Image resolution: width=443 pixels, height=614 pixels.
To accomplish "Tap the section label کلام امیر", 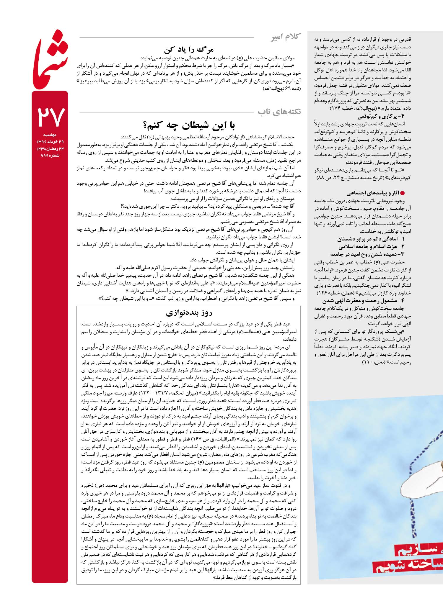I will [286, 37].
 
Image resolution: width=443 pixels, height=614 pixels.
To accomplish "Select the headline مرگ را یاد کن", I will [189, 49].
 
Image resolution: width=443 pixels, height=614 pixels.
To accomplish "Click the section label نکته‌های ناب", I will [279, 112].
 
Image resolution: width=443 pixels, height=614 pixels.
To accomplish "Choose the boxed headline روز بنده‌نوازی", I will [189, 313].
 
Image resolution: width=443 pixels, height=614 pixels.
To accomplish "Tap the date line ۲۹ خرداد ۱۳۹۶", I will [50, 142].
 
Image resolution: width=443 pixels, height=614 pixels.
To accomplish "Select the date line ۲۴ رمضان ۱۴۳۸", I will [50, 149].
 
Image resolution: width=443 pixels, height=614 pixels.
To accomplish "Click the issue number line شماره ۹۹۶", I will [50, 155].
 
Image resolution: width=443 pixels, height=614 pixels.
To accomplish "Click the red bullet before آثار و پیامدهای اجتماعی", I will [402, 193].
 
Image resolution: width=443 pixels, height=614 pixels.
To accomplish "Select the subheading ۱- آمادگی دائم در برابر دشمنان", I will [371, 239].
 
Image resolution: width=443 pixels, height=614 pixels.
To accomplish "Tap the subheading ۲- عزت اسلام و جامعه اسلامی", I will [372, 247].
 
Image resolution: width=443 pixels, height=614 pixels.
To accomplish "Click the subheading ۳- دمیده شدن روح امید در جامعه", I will [367, 254].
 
